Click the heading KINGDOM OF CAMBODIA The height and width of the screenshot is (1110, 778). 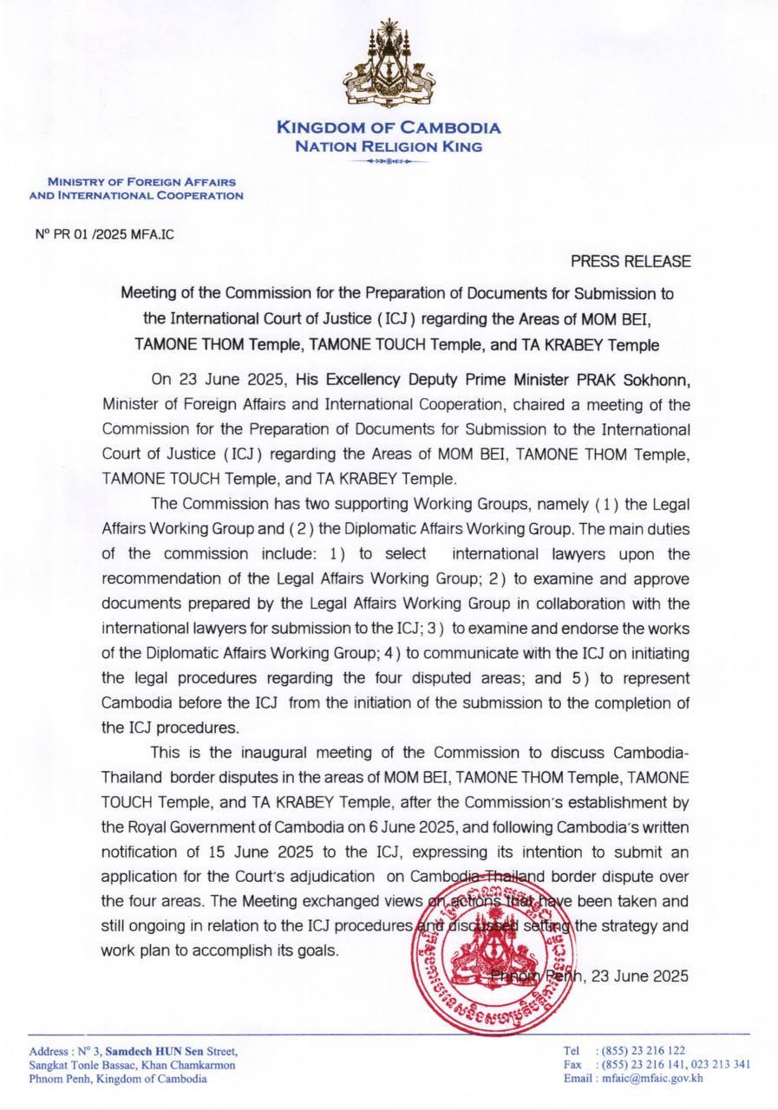tap(388, 128)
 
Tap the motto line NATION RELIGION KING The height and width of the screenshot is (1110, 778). tap(388, 147)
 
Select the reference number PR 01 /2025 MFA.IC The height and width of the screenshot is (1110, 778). tap(100, 234)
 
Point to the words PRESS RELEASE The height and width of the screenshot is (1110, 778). tap(631, 261)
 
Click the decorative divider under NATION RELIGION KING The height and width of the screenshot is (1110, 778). tap(388, 162)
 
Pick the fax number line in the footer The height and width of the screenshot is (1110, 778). tap(657, 1064)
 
